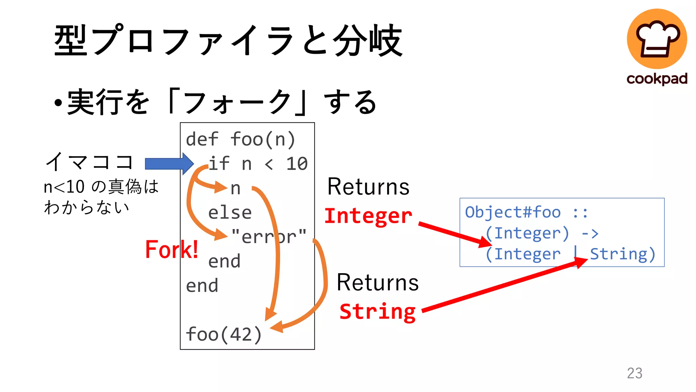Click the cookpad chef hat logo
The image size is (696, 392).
(657, 38)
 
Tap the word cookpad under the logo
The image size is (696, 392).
(657, 79)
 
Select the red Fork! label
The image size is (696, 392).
(172, 249)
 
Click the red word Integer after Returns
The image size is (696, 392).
(368, 216)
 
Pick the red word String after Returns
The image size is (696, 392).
(378, 311)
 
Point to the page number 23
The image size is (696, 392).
(634, 373)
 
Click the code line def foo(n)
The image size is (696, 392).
(241, 140)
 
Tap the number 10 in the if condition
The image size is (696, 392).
(297, 164)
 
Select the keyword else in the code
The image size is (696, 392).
(230, 213)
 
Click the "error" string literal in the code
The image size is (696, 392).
(268, 237)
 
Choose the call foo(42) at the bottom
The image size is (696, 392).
(224, 334)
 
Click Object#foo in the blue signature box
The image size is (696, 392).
(512, 212)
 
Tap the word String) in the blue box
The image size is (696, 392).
(623, 254)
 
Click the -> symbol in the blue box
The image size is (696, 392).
(590, 233)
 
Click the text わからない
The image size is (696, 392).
(87, 207)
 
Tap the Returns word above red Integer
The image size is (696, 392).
(368, 187)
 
